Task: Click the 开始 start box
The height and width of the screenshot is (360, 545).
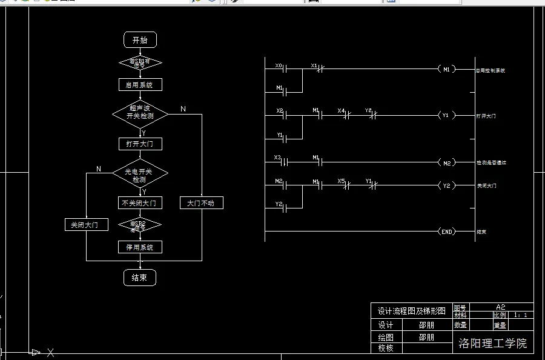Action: click(x=140, y=41)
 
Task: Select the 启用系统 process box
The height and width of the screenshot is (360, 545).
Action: click(x=140, y=85)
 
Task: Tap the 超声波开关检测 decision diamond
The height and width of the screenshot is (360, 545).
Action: click(x=140, y=112)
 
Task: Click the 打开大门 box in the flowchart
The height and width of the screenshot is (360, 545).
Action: click(x=140, y=144)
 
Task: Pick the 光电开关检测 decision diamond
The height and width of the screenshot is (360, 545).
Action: click(x=140, y=176)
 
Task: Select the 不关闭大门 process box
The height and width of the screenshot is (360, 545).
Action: click(x=140, y=202)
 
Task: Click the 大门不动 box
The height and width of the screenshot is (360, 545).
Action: click(x=202, y=203)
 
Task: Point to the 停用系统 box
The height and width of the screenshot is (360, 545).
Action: click(x=140, y=247)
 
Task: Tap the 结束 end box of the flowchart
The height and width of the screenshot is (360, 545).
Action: click(x=140, y=278)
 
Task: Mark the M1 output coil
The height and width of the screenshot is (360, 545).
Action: click(x=446, y=69)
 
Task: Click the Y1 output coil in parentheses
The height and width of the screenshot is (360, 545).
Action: click(x=446, y=115)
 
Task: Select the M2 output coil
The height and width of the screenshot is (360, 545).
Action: click(x=446, y=162)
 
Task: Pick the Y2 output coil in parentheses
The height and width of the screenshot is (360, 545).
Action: click(x=446, y=185)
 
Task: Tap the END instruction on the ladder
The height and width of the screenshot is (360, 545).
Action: click(x=446, y=232)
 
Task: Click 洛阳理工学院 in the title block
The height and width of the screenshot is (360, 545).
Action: click(x=493, y=344)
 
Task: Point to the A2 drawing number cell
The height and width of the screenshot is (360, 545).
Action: click(x=500, y=307)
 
